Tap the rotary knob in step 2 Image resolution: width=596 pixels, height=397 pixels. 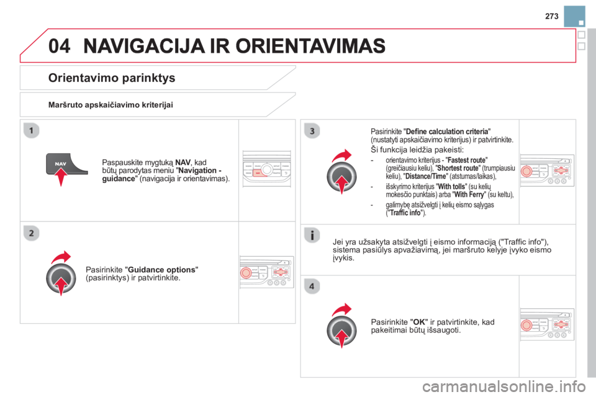coord(60,278)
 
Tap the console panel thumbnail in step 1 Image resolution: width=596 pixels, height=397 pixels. coord(266,169)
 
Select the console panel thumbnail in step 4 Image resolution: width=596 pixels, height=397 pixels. coord(547,324)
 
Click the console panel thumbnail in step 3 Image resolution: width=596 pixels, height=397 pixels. coord(547,170)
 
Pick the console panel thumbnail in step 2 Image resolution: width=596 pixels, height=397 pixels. coord(266,272)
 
